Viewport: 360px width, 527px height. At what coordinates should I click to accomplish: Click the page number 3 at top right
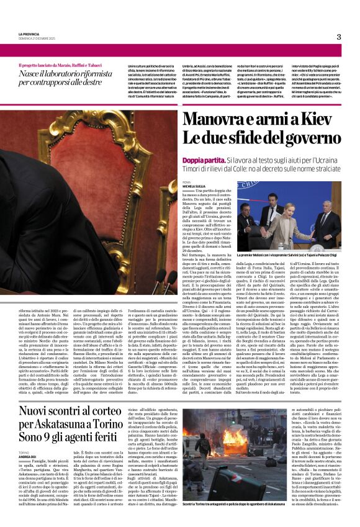339,37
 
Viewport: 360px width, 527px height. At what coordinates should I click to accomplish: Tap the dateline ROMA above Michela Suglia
187,181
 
